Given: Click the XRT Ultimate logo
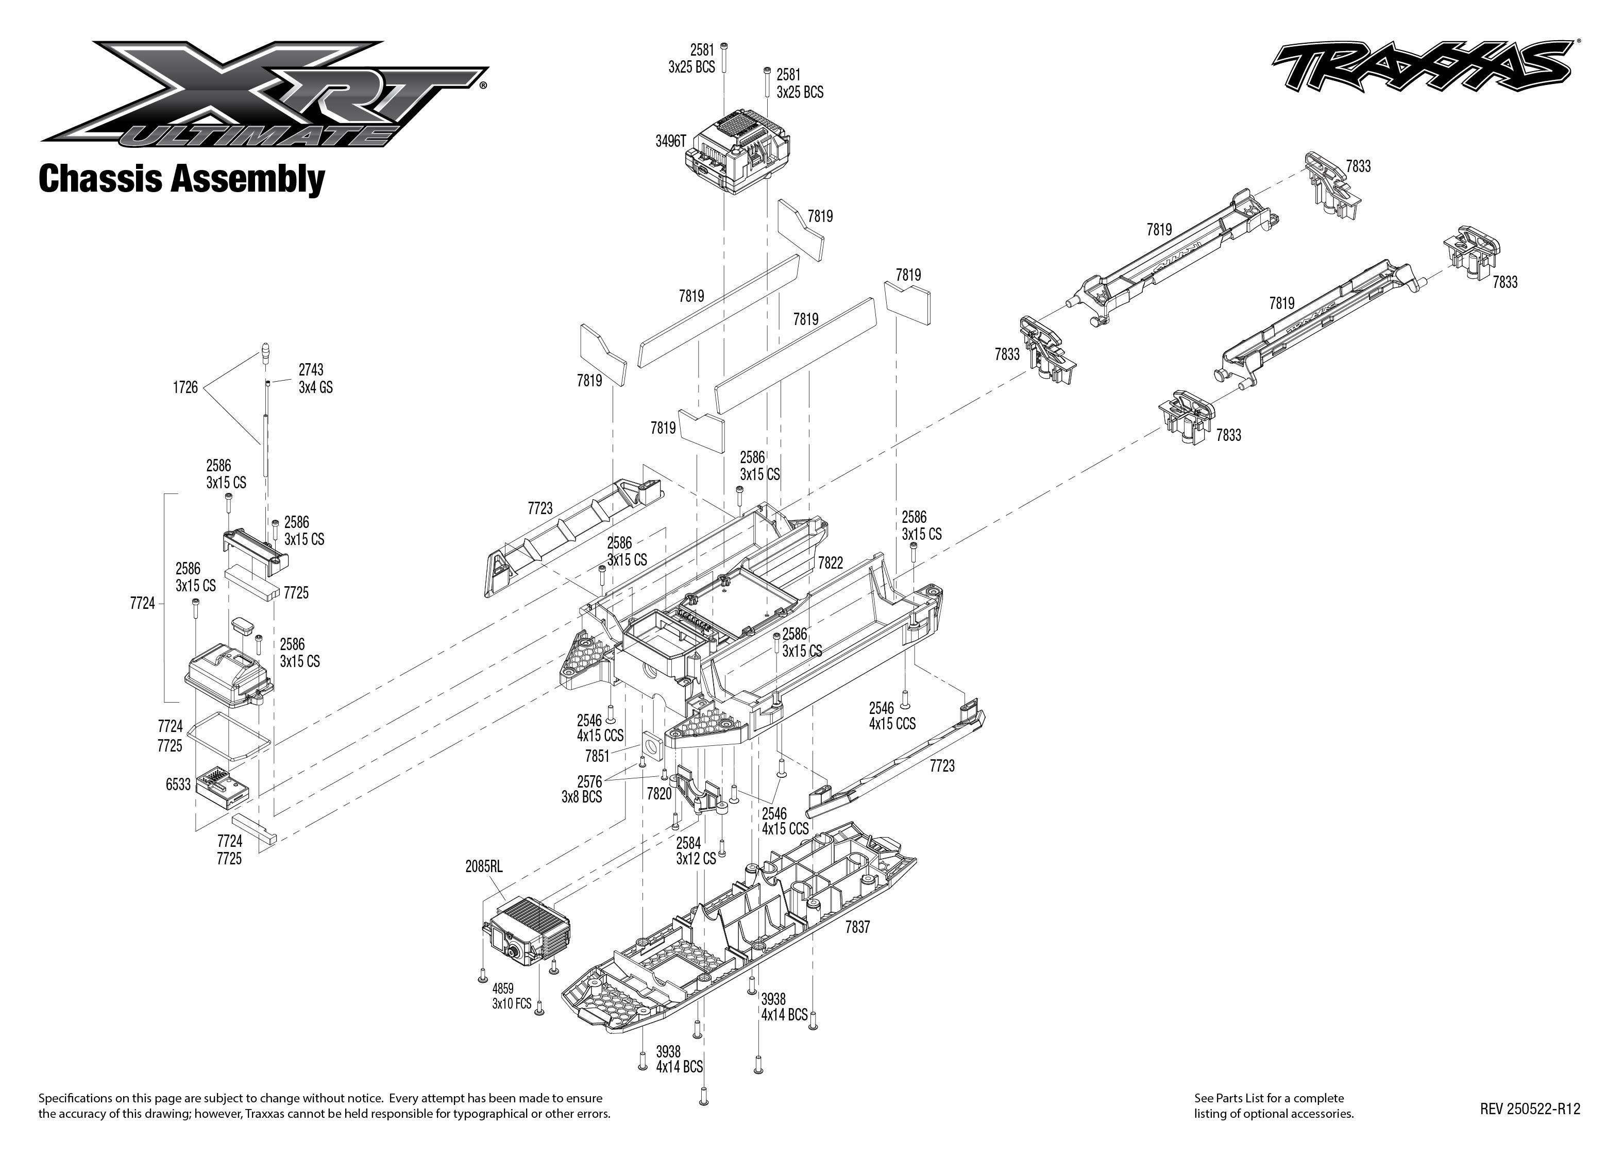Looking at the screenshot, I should point(264,93).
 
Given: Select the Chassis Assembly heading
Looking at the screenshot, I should point(181,179).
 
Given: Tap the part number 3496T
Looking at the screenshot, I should point(670,141).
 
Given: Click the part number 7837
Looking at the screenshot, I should point(857,927).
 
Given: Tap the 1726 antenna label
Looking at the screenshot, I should point(185,387).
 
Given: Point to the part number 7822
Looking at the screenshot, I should point(830,563).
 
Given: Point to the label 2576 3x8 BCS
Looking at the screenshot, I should point(582,789).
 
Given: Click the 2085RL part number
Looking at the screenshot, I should point(483,866).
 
